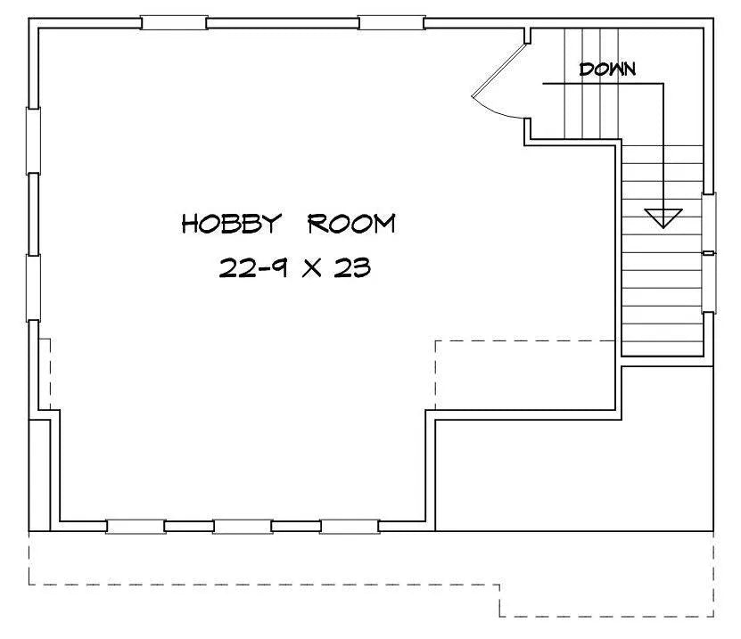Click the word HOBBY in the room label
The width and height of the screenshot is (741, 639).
(232, 224)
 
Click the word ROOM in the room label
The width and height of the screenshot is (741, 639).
(351, 224)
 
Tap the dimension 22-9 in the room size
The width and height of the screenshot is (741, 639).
(253, 267)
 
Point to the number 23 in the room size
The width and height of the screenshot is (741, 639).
(352, 267)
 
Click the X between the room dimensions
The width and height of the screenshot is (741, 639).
(312, 268)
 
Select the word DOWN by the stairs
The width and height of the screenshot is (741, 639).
(607, 70)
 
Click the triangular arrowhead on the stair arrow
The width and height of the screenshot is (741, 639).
(663, 217)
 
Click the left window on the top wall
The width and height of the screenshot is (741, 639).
(174, 22)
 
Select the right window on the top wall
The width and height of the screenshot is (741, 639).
(391, 22)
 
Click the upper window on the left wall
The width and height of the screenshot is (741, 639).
(33, 141)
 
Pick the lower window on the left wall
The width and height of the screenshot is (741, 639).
(33, 288)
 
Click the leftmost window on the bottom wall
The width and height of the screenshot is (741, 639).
(136, 527)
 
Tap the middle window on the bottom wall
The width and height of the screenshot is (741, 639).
(243, 527)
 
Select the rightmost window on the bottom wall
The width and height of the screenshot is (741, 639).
(350, 527)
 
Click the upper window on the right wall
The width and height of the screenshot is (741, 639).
(708, 222)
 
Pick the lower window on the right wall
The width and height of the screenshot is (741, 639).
(708, 283)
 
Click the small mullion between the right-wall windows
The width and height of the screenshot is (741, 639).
(708, 253)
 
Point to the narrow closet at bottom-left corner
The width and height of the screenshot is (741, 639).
(40, 475)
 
